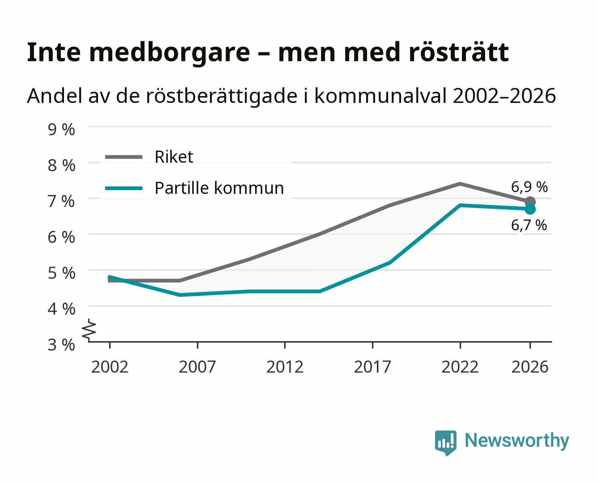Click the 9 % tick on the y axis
pyautogui.click(x=61, y=130)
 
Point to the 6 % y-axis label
pyautogui.click(x=61, y=237)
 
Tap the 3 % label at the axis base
pyautogui.click(x=61, y=345)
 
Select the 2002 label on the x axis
pyautogui.click(x=110, y=367)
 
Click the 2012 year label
pyautogui.click(x=285, y=367)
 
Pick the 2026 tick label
pyautogui.click(x=530, y=367)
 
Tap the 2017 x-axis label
pyautogui.click(x=372, y=367)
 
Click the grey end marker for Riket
pyautogui.click(x=530, y=202)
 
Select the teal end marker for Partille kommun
pyautogui.click(x=530, y=209)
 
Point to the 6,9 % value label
pyautogui.click(x=530, y=187)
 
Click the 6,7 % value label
pyautogui.click(x=529, y=225)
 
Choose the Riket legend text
pyautogui.click(x=174, y=157)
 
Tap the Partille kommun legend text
pyautogui.click(x=219, y=188)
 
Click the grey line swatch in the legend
pyautogui.click(x=124, y=157)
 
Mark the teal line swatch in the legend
pyautogui.click(x=124, y=188)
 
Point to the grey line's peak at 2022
pyautogui.click(x=460, y=184)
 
